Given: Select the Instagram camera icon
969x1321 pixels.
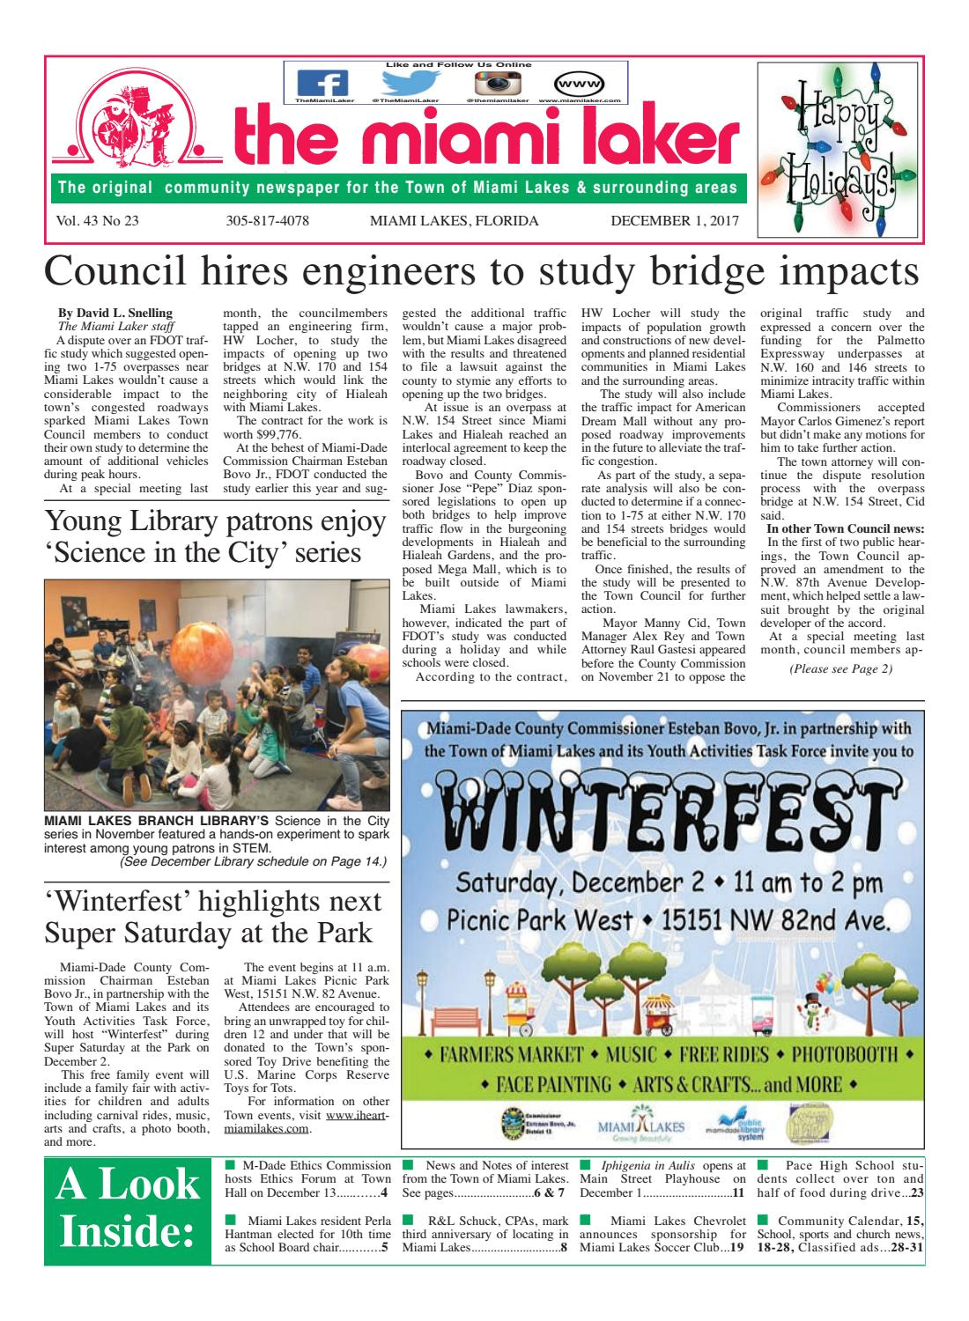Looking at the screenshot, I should click(495, 83).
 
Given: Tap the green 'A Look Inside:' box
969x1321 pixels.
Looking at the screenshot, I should click(128, 1209).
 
